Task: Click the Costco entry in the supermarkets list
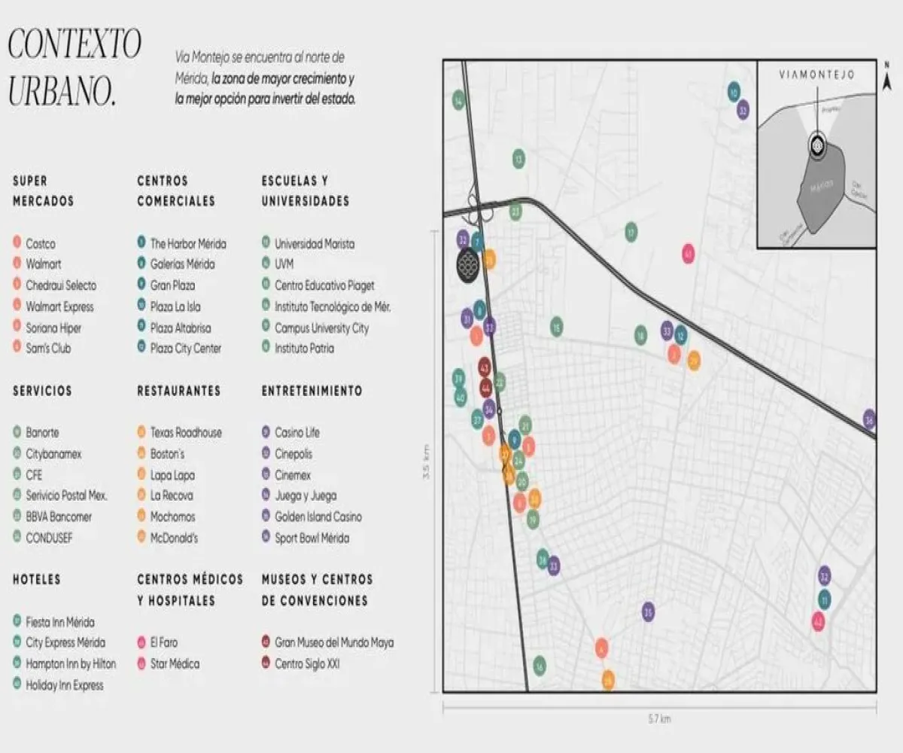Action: pos(40,244)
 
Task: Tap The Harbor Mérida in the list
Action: pos(187,244)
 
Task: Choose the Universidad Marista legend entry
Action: pos(314,244)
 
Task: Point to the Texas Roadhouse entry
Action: pos(185,433)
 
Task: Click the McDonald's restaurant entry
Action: pos(174,538)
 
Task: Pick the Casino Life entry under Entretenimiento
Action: pos(296,433)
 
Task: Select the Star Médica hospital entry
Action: pos(175,664)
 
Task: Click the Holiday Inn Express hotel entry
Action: pos(64,685)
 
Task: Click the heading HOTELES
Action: pos(36,580)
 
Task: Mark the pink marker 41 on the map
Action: pos(688,254)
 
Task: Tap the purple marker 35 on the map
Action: pos(648,611)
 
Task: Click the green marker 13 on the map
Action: pos(518,159)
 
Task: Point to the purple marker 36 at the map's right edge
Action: pos(870,419)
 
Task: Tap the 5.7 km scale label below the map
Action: pos(659,719)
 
